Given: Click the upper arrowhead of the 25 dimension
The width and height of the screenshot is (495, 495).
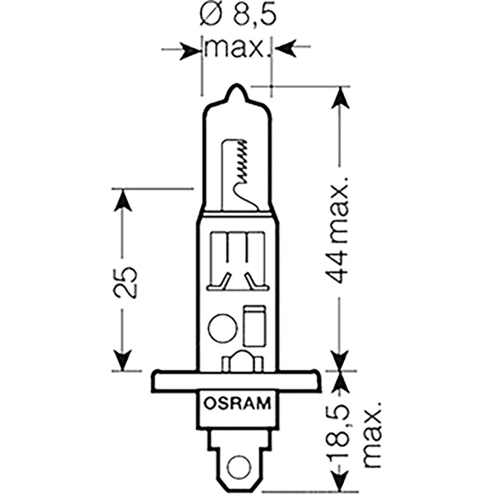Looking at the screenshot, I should [x=122, y=199].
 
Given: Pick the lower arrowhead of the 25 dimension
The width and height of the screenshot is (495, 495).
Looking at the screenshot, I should [x=122, y=361].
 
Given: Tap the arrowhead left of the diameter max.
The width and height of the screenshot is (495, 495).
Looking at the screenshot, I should [x=192, y=49].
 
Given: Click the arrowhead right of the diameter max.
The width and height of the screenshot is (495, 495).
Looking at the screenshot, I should [x=282, y=49].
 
